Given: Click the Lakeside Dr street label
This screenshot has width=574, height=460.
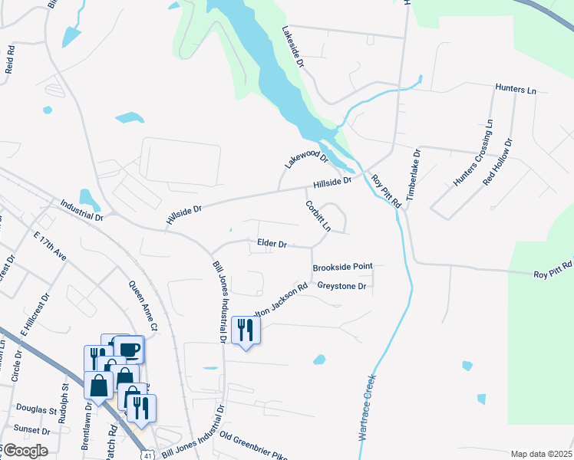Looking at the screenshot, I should pos(293,48).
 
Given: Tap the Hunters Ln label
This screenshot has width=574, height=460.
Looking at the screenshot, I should pos(516,90).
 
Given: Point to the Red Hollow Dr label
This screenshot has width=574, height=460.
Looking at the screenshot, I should pos(496,162).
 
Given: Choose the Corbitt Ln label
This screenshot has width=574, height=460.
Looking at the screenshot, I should pos(318,217).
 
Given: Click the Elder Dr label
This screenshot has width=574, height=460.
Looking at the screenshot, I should pos(272,244).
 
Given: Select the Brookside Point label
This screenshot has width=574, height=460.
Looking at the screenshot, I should pos(342,266).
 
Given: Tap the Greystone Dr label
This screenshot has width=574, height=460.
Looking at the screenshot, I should pos(342,286).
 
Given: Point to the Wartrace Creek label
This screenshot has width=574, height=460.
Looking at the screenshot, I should pos(367,406).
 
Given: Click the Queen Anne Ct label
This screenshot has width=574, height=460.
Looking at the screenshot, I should pos(143,305).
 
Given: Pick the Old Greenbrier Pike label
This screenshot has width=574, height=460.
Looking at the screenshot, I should pos(252,445).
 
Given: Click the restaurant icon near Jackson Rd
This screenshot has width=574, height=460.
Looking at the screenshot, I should pos(246,330).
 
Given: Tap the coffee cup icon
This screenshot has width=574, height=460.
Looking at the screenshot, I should pos(128,350).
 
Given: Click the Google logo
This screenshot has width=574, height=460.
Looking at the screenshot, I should pos(25,451).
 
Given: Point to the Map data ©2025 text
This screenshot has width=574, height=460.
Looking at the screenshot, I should pos(541,454).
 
